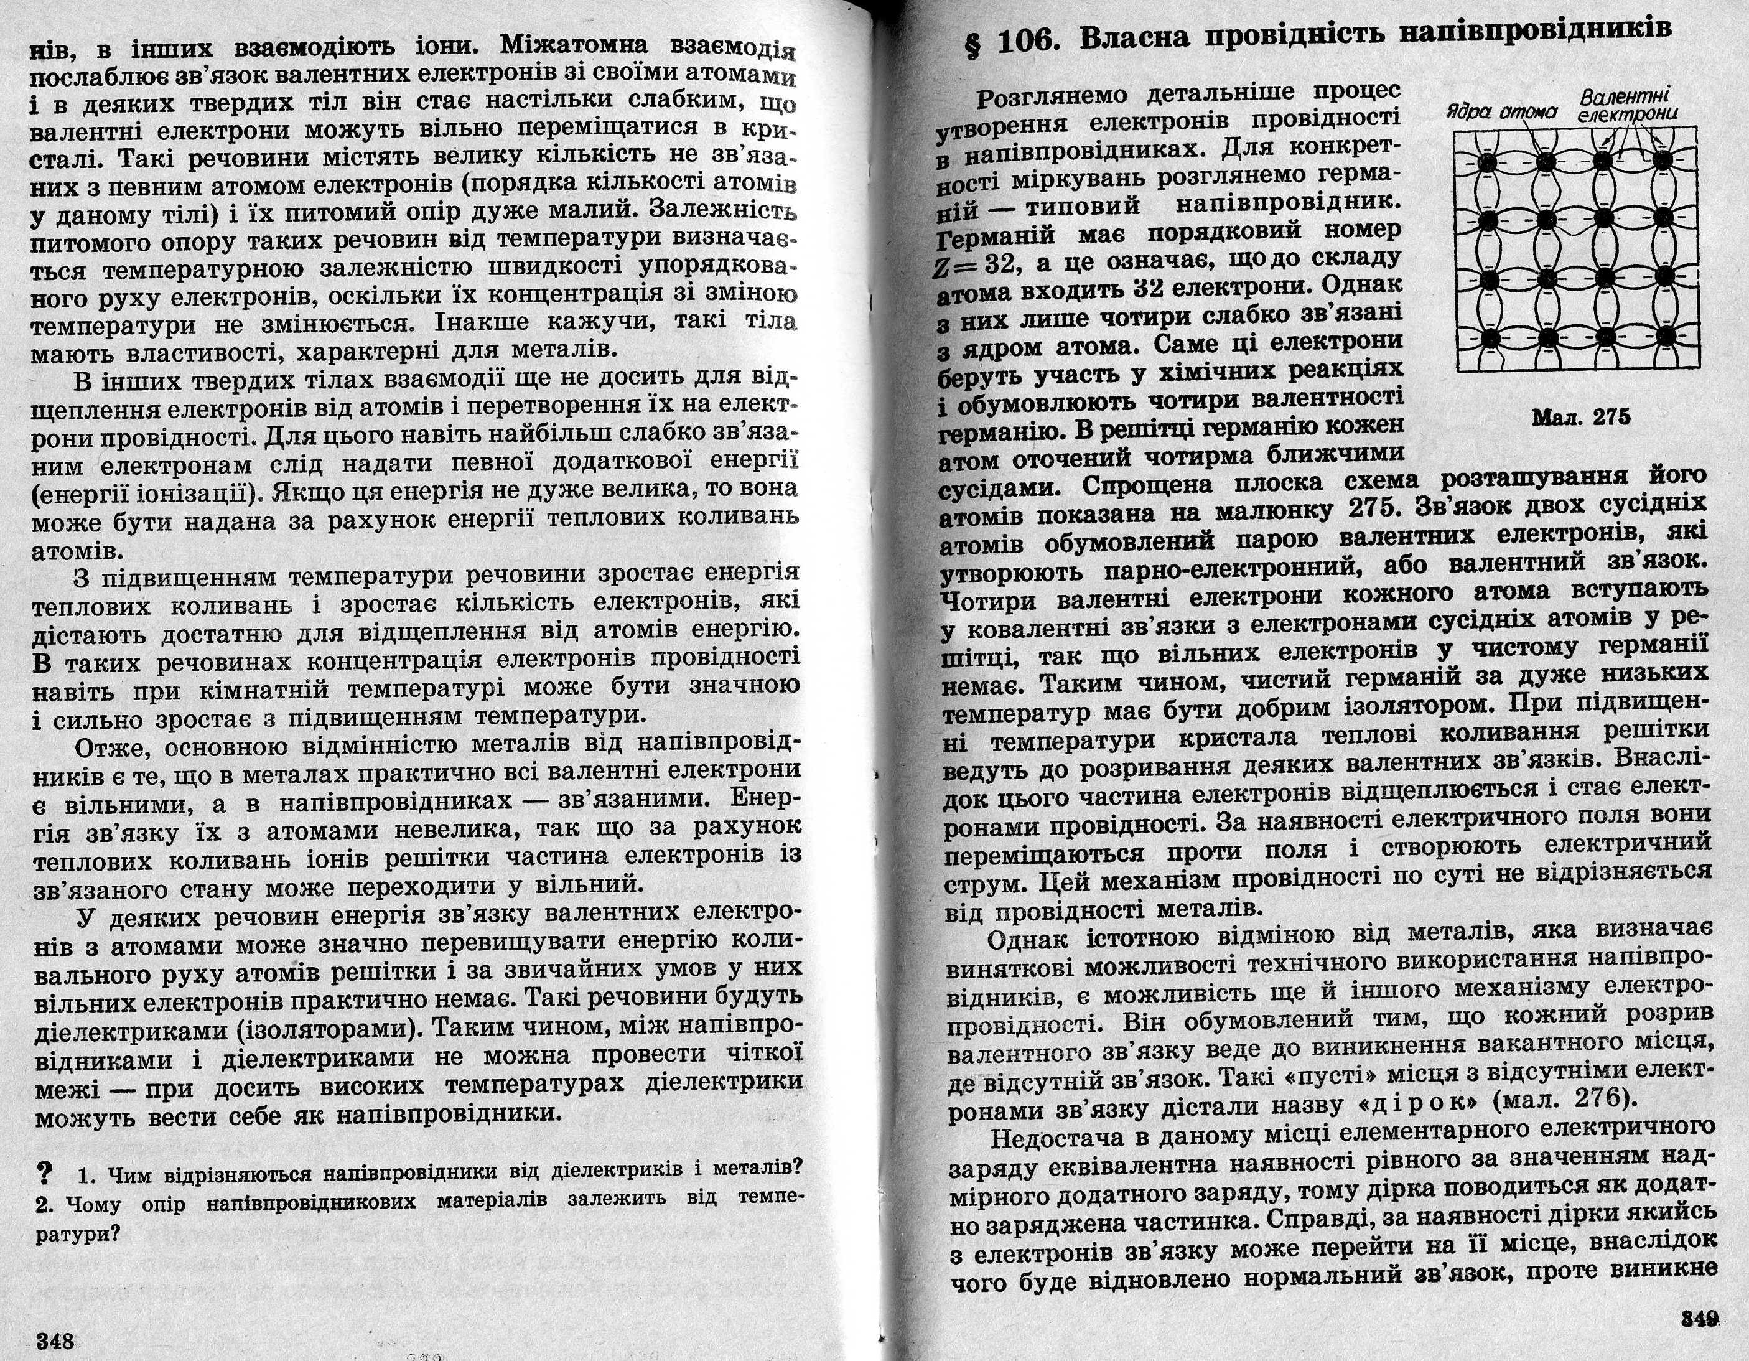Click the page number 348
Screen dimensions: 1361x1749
point(55,1341)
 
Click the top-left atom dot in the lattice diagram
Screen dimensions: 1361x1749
point(1490,162)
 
